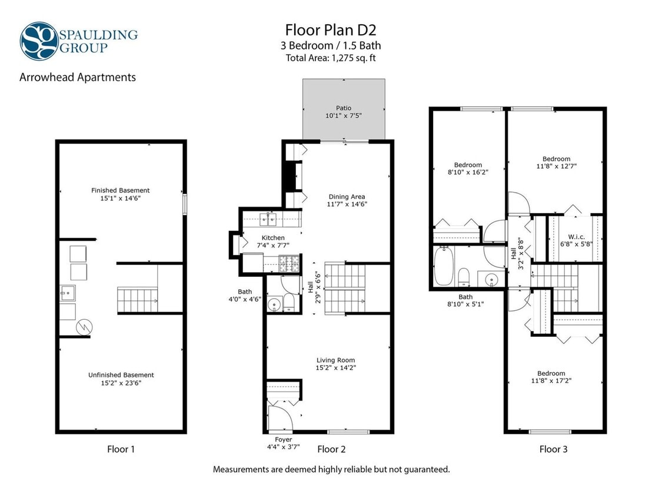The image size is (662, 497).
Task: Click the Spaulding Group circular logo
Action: coord(39,41)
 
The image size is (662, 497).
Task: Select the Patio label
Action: coord(344,108)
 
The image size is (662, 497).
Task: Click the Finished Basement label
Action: coord(120,190)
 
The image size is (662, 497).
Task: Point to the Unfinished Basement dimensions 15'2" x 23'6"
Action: coord(121,383)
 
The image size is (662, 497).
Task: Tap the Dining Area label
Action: coord(347,197)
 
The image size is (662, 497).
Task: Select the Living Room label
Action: coord(335,360)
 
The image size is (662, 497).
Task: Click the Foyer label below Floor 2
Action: coord(283,439)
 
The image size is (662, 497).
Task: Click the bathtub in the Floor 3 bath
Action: coord(443,266)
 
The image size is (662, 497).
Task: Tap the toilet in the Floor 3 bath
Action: coord(463,276)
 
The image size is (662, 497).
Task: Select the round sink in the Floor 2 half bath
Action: coord(273,304)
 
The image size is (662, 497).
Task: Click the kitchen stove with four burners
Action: coord(289,263)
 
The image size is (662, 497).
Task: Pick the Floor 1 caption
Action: coord(121,449)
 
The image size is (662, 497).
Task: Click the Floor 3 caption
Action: coord(553,449)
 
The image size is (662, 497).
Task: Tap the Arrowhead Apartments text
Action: coord(78,77)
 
